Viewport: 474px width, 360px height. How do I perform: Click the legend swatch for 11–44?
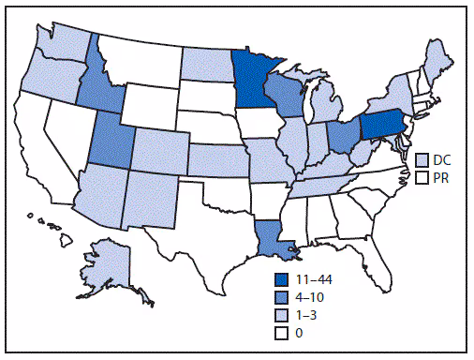point(280,278)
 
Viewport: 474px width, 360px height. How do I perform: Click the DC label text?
point(441,159)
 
